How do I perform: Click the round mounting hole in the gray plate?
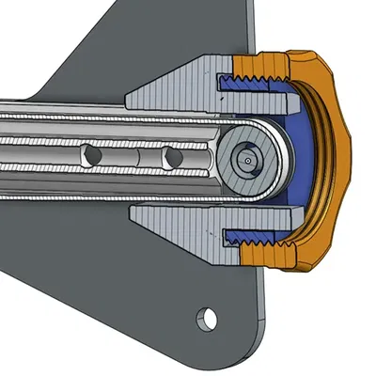click(x=207, y=320)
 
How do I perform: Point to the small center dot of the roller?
click(x=247, y=160)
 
